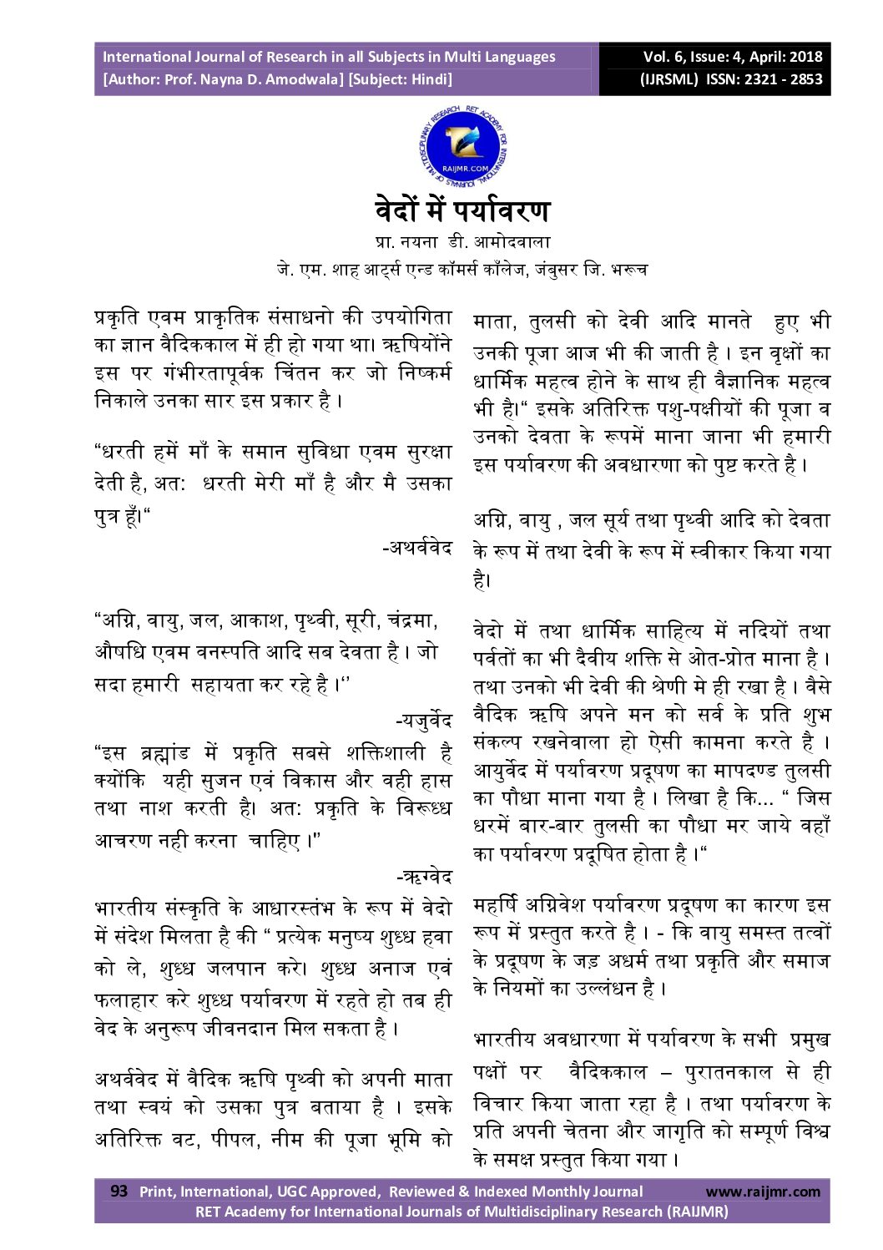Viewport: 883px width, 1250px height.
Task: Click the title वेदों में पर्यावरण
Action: (462, 209)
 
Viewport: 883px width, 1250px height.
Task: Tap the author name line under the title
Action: (462, 242)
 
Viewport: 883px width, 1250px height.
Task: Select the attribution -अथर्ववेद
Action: (416, 548)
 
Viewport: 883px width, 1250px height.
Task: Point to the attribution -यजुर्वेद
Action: (423, 720)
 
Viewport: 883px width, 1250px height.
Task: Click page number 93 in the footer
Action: (119, 1191)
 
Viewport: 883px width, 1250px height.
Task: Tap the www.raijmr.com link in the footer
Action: (763, 1192)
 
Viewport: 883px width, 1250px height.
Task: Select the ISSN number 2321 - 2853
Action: (782, 80)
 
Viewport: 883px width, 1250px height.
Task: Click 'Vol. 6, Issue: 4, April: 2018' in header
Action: (732, 57)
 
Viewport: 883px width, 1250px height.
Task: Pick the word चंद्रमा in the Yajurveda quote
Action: (411, 621)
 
